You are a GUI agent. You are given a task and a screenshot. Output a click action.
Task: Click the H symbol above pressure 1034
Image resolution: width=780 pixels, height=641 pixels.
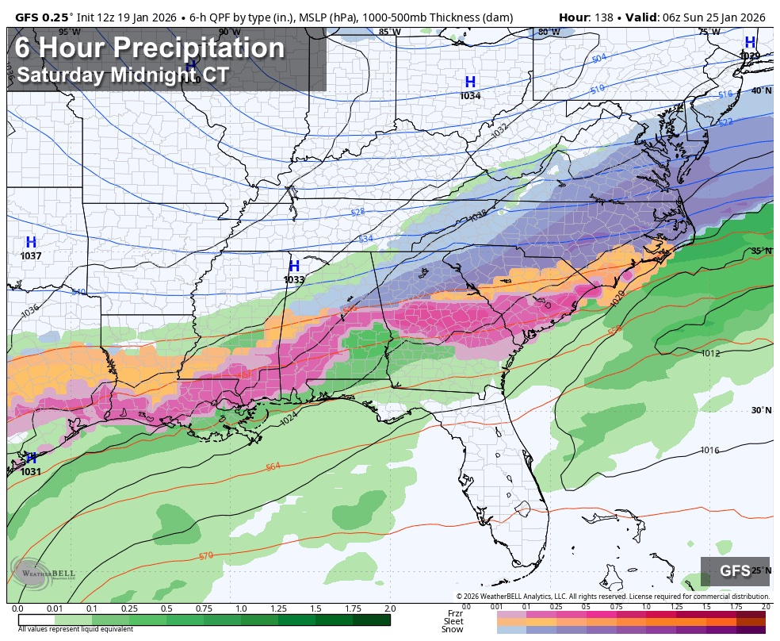pyautogui.click(x=470, y=82)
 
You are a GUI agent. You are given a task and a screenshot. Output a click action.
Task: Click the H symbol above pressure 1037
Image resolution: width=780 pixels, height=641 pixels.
pyautogui.click(x=31, y=242)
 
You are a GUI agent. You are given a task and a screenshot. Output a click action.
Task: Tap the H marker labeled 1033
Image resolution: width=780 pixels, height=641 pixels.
pyautogui.click(x=294, y=266)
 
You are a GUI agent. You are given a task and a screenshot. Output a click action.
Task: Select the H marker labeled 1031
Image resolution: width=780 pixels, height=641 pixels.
pyautogui.click(x=31, y=458)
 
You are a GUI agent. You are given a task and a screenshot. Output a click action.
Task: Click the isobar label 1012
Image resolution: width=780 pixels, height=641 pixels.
pyautogui.click(x=710, y=354)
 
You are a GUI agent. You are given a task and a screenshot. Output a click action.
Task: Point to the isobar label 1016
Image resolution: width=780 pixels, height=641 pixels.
pyautogui.click(x=709, y=450)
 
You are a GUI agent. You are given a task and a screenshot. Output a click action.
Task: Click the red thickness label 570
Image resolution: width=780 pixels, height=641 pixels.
pyautogui.click(x=206, y=555)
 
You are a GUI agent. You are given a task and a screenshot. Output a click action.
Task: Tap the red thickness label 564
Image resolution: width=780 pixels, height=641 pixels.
pyautogui.click(x=273, y=466)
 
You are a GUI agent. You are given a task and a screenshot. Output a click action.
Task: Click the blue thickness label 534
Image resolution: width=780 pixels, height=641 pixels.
pyautogui.click(x=365, y=238)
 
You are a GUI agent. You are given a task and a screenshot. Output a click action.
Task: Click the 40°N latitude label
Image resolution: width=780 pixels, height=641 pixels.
pyautogui.click(x=761, y=90)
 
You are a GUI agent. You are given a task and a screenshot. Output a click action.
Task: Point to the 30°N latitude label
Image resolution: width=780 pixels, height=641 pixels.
pyautogui.click(x=761, y=410)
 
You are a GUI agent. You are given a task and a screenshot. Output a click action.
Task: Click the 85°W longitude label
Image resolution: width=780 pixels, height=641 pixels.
pyautogui.click(x=388, y=32)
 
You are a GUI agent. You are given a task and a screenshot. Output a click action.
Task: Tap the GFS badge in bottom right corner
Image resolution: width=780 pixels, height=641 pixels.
pyautogui.click(x=735, y=571)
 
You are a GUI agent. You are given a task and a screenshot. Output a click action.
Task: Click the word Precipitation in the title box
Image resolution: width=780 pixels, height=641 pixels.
pyautogui.click(x=198, y=48)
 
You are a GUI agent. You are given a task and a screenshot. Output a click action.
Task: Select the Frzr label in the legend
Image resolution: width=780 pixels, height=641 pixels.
pyautogui.click(x=455, y=613)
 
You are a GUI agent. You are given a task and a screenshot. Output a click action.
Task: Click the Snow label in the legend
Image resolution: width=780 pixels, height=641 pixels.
pyautogui.click(x=453, y=630)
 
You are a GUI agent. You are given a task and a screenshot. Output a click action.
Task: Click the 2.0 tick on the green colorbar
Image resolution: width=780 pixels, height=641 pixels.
pyautogui.click(x=389, y=608)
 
